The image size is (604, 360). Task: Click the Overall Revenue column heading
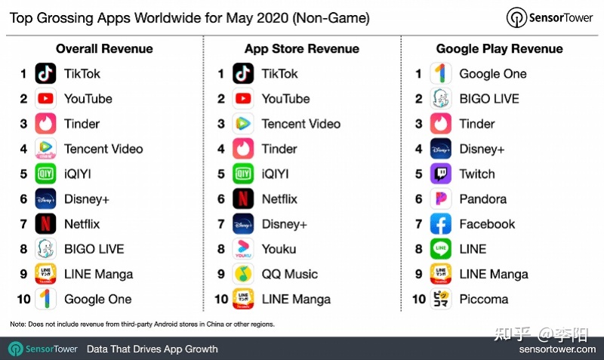pos(104,49)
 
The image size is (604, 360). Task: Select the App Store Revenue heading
pos(302,49)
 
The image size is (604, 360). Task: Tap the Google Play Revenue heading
pos(499,49)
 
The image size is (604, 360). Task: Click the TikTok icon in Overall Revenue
pos(46,74)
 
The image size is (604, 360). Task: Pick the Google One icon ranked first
pos(441,74)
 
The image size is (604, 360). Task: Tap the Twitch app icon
pos(441,174)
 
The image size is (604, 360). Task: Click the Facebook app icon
pos(441,224)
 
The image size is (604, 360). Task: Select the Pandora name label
pos(482,199)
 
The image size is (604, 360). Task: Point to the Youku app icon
pos(243,249)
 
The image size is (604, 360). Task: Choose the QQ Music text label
pos(289,274)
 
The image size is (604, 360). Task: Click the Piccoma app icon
pos(441,299)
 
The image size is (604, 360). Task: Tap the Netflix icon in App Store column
pos(243,199)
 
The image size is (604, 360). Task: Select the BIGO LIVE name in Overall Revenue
pos(94,249)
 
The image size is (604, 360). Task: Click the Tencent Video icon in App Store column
pos(243,124)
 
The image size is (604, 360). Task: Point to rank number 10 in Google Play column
pos(418,299)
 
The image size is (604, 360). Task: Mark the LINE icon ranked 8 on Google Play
pos(441,249)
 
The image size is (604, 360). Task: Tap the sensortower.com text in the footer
pos(556,349)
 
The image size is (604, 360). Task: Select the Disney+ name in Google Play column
pos(481,149)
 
